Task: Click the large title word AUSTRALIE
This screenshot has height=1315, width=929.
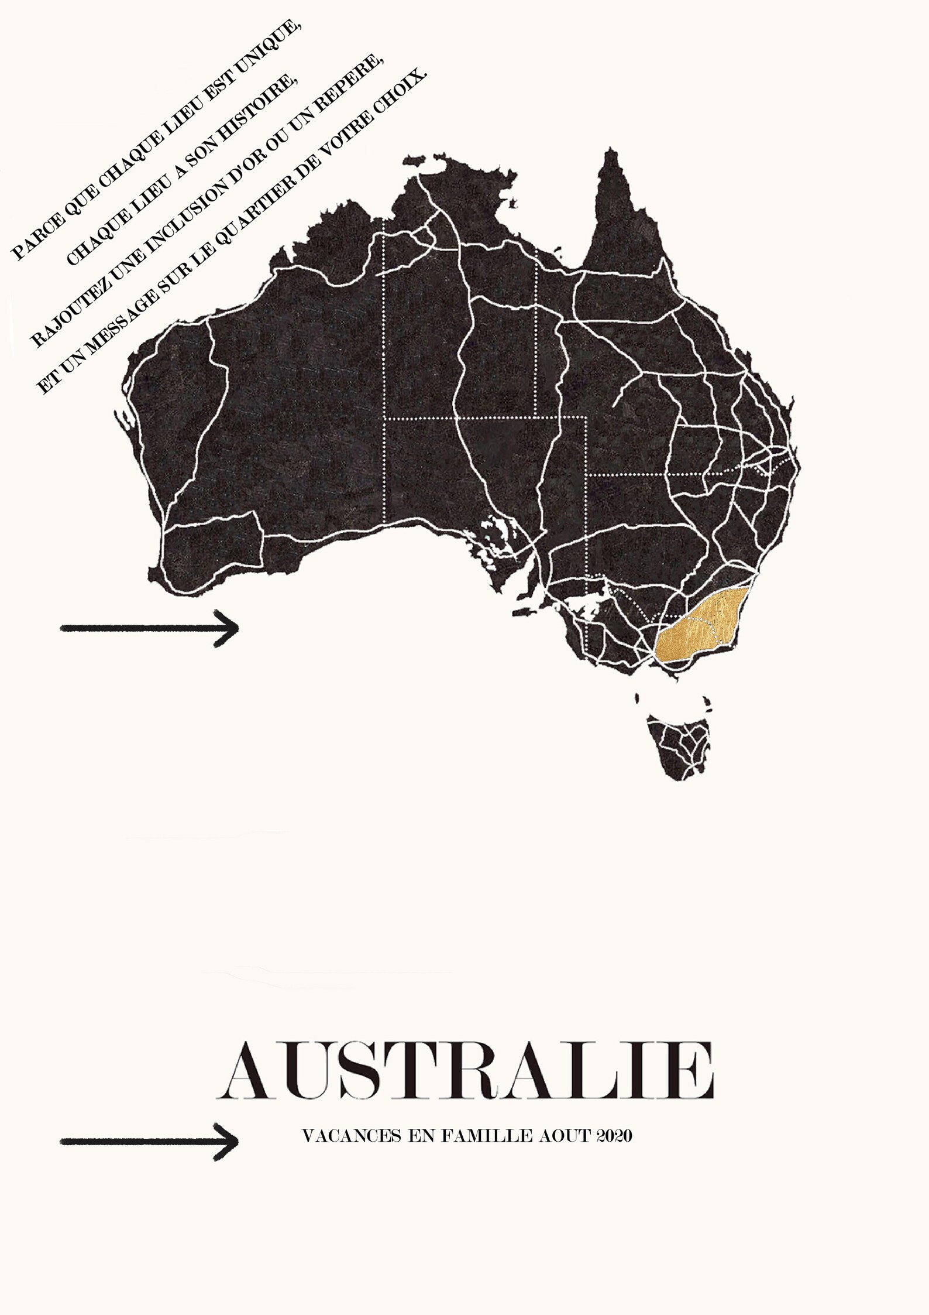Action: coord(465,1071)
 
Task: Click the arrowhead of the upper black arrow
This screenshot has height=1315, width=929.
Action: coord(231,628)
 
